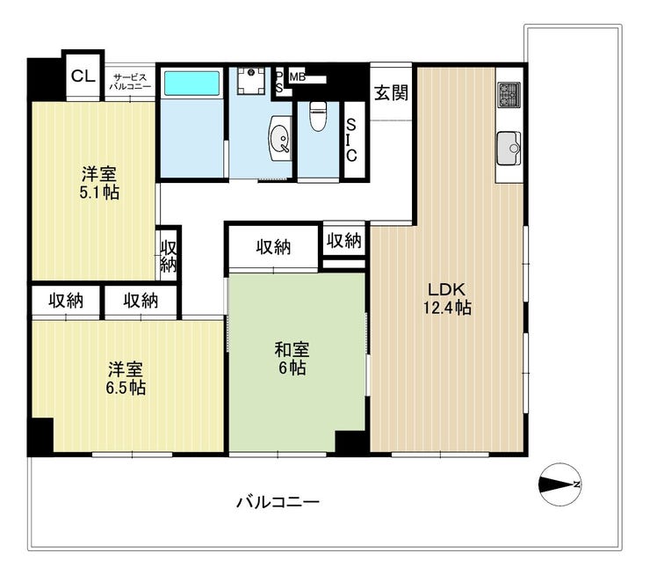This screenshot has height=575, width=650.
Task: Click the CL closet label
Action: (83, 76)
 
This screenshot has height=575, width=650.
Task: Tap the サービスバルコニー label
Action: (130, 82)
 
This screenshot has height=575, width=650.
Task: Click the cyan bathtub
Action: (191, 83)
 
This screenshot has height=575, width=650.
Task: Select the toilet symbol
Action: (318, 116)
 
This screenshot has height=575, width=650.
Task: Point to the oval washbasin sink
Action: (281, 138)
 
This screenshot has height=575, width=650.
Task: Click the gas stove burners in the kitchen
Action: (509, 94)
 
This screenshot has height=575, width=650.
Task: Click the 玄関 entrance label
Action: (392, 93)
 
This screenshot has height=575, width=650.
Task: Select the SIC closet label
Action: (351, 140)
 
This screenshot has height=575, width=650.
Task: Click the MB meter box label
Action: (298, 76)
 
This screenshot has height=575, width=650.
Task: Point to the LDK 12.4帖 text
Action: (447, 299)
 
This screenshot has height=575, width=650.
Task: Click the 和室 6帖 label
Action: (292, 359)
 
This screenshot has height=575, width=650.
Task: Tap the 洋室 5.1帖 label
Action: (99, 183)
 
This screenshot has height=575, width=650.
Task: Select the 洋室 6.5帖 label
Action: (126, 378)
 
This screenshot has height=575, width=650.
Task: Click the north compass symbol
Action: (560, 484)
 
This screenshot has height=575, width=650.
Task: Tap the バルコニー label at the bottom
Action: (278, 502)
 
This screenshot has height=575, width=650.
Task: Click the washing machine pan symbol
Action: (251, 81)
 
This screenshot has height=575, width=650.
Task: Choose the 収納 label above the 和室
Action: (273, 247)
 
